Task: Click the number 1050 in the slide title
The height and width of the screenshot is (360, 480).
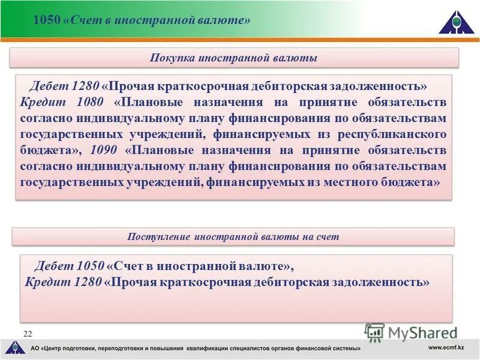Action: [46, 20]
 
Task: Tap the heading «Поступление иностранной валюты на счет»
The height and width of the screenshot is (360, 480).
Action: [233, 236]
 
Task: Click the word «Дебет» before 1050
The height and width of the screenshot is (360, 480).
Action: [55, 265]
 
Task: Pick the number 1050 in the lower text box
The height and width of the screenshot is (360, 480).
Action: [90, 265]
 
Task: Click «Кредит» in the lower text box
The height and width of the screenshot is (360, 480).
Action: [45, 281]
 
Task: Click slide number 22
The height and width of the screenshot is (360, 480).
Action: [28, 333]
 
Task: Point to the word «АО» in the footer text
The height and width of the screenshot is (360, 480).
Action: [35, 349]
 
